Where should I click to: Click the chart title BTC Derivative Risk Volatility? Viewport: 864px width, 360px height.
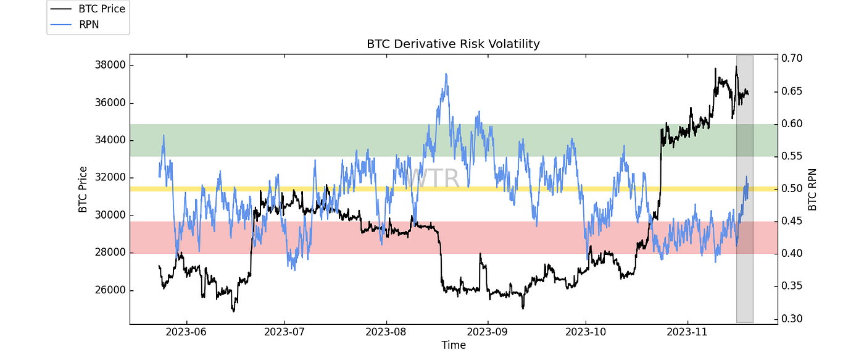click(453, 44)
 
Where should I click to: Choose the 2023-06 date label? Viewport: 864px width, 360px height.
click(183, 332)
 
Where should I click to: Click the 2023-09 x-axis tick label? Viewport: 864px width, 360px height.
click(488, 332)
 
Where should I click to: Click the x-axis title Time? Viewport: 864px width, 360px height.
click(453, 345)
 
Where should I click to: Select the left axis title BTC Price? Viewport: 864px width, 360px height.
click(83, 189)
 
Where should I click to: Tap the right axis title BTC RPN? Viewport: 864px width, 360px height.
click(813, 189)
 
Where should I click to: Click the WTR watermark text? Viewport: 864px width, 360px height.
click(432, 178)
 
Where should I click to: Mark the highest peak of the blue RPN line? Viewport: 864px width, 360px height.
click(446, 73)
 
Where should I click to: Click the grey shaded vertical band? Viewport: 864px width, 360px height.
click(745, 247)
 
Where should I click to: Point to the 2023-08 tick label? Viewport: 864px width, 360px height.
click(386, 332)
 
